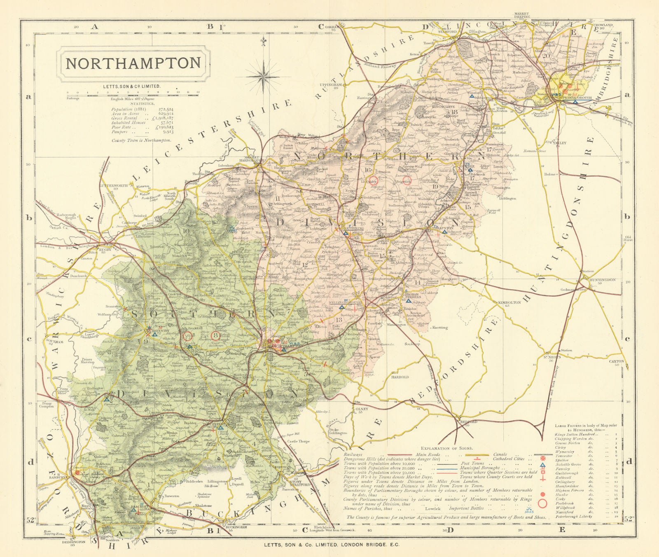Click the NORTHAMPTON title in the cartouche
pos(133,63)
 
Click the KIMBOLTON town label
pos(509,302)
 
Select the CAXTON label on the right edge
pos(616,361)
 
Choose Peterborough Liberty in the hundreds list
pos(573,516)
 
